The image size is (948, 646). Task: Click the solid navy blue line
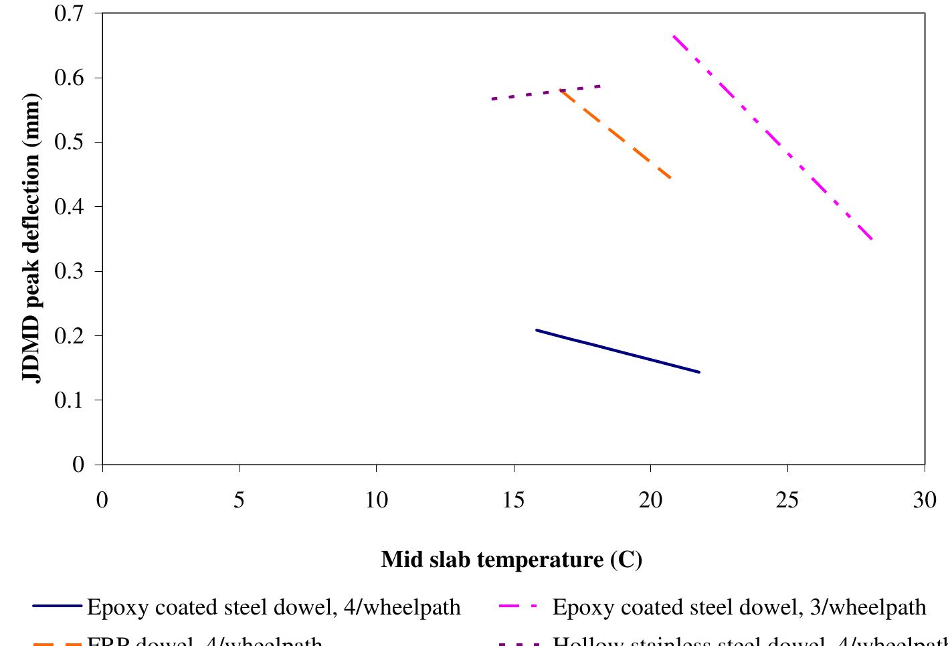(618, 351)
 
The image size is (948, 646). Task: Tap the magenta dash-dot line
(773, 137)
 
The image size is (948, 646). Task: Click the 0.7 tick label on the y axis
(69, 13)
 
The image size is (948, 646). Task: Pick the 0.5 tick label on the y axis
(69, 142)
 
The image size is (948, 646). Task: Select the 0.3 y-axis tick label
(69, 271)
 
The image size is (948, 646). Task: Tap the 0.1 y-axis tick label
(69, 400)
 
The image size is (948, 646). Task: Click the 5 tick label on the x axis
(240, 499)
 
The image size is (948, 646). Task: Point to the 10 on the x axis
(377, 499)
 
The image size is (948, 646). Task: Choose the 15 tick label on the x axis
(514, 499)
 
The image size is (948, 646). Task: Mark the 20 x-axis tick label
(650, 499)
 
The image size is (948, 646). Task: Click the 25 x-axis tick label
(787, 499)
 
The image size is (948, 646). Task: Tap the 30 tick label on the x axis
(925, 499)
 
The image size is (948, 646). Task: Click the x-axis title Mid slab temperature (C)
(512, 559)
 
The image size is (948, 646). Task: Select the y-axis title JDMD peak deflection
(31, 238)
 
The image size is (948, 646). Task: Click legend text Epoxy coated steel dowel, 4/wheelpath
(274, 607)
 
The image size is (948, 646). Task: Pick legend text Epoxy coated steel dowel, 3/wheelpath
(739, 607)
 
